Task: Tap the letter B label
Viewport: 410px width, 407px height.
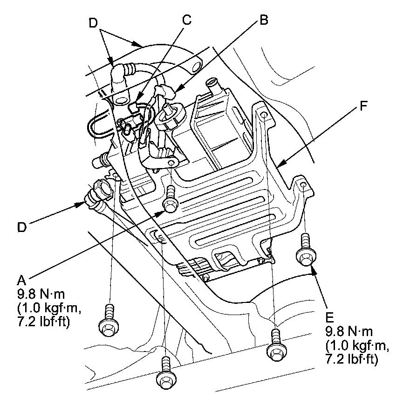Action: (x=264, y=21)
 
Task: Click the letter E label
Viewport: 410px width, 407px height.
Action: (x=330, y=318)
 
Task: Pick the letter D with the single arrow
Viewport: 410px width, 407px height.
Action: (x=22, y=227)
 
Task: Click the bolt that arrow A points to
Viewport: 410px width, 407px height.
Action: (x=170, y=199)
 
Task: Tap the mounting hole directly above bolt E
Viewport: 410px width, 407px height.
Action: (x=303, y=186)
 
